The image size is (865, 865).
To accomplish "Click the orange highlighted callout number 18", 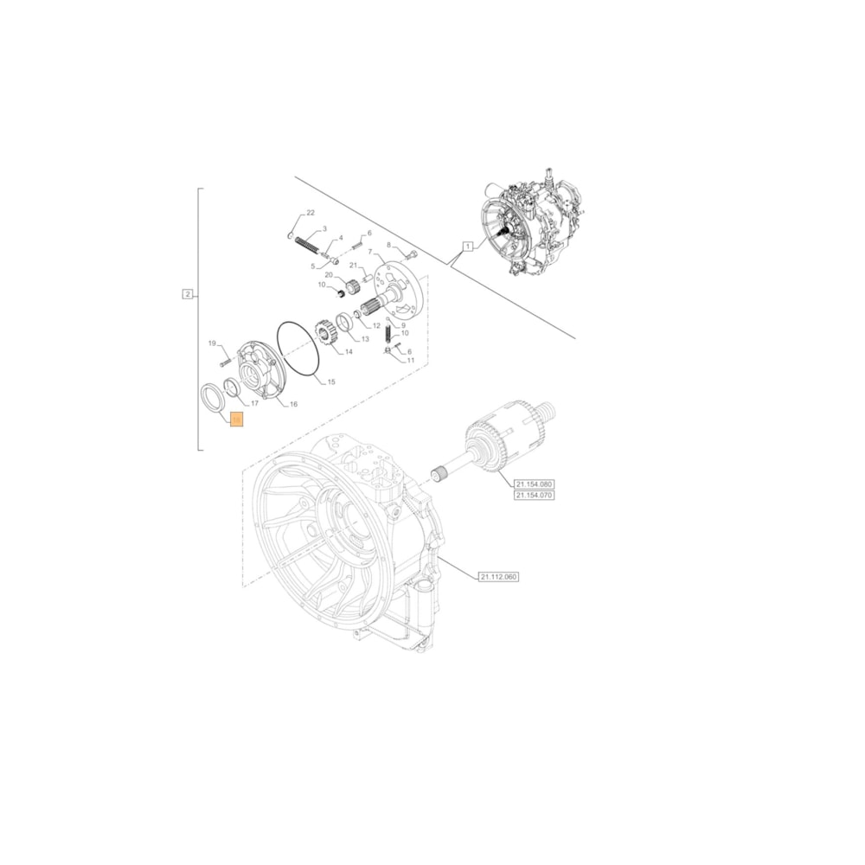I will pyautogui.click(x=237, y=420).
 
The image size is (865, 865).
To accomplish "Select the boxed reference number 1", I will pyautogui.click(x=468, y=246).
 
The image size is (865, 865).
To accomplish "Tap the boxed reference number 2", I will pyautogui.click(x=188, y=294).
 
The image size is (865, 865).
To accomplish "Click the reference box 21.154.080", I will pyautogui.click(x=534, y=484).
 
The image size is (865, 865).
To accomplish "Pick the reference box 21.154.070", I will pyautogui.click(x=534, y=495).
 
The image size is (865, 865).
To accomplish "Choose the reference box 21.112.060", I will pyautogui.click(x=497, y=576).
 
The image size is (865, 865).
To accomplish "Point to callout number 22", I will pyautogui.click(x=311, y=213).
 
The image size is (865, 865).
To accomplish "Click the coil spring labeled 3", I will pyautogui.click(x=307, y=245).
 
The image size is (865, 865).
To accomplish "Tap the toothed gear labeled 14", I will pyautogui.click(x=326, y=334).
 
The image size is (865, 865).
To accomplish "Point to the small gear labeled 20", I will pyautogui.click(x=353, y=287).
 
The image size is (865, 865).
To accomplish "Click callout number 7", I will pyautogui.click(x=370, y=252).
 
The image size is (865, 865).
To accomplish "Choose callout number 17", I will pyautogui.click(x=254, y=404).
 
